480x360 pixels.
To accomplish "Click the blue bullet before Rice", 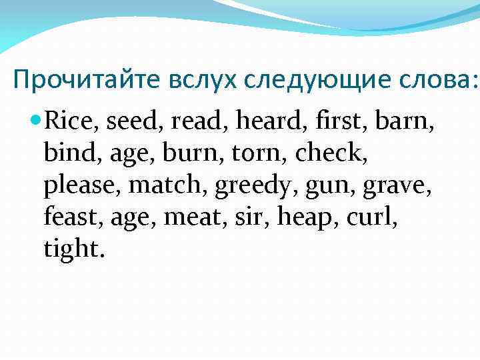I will click(37, 122).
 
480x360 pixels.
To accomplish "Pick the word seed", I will click(133, 123).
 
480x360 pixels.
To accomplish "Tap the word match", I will click(168, 186).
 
